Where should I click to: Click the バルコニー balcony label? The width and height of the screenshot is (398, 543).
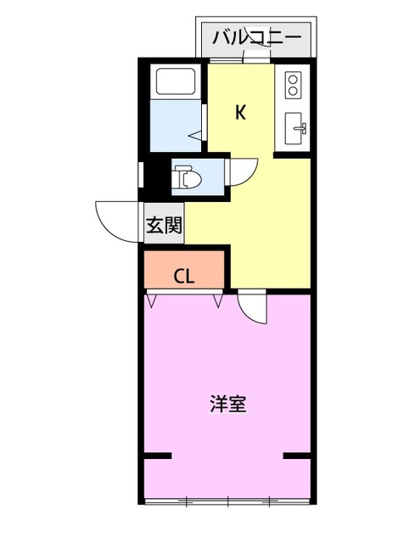(256, 37)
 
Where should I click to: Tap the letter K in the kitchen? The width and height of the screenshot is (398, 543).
(240, 112)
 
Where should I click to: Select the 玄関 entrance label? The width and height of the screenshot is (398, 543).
(164, 225)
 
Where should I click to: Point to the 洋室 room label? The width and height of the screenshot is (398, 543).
(228, 404)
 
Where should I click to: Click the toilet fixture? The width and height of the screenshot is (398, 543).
(188, 177)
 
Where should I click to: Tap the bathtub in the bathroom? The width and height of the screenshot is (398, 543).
(176, 81)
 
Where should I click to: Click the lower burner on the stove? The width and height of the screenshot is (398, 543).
(293, 91)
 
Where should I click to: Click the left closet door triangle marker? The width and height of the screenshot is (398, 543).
(152, 300)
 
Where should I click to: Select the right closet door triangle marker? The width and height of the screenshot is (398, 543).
(218, 300)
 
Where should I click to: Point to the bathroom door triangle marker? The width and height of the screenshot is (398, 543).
(196, 136)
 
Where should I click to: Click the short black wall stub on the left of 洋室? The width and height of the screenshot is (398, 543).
(158, 456)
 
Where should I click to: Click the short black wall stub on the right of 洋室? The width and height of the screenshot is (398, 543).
(296, 456)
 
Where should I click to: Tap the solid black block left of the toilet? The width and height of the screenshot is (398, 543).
(158, 176)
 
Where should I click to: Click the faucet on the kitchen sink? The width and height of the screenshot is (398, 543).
(301, 128)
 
